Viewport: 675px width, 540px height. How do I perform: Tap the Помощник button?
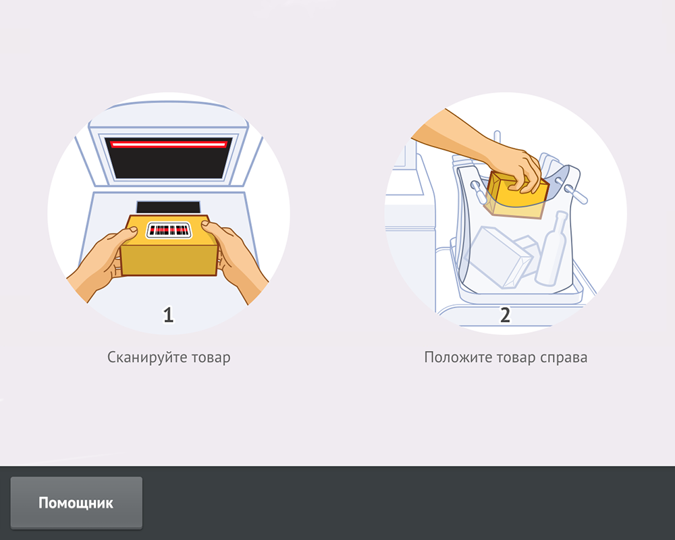pos(76,502)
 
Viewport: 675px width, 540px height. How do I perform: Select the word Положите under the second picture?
pos(458,358)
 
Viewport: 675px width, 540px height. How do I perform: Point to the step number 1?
pos(168,315)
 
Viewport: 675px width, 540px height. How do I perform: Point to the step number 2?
pos(505,315)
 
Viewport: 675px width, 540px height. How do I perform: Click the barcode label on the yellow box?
pos(169,230)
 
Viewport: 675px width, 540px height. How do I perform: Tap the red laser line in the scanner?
pos(168,144)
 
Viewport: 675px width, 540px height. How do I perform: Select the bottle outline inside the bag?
pos(551,249)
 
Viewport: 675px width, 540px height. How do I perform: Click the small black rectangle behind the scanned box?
pos(168,207)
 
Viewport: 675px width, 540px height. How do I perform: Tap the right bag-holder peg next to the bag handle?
pos(575,193)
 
